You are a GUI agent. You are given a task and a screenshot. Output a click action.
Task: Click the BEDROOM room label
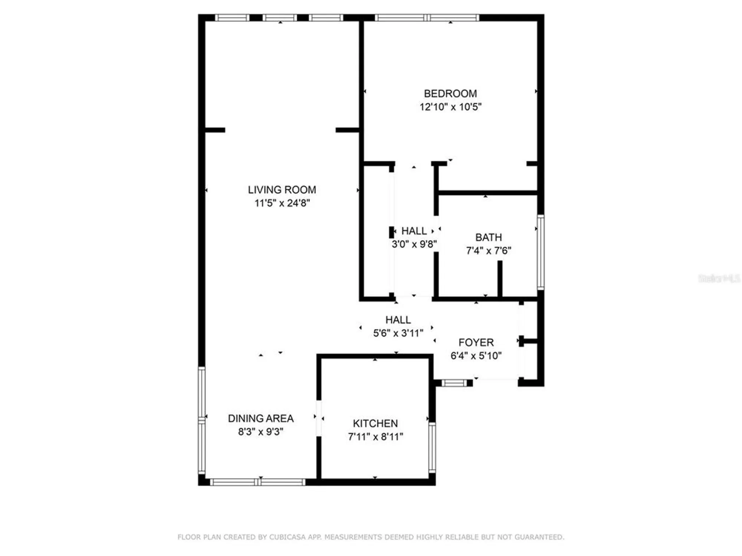(450, 93)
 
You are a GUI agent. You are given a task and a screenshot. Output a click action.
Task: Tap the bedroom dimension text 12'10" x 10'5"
(450, 107)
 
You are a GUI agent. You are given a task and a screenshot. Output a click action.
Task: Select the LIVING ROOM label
(282, 190)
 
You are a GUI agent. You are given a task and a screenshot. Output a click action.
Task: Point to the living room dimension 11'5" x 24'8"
(282, 203)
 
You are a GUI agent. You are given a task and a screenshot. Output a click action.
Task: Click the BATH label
(488, 237)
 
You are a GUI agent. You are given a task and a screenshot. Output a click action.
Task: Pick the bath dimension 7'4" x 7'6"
(488, 251)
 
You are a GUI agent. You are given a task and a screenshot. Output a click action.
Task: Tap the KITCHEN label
(375, 423)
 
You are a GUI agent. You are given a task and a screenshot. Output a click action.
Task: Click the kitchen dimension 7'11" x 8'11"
(375, 437)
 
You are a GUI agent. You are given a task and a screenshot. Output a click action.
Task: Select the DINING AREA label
(260, 418)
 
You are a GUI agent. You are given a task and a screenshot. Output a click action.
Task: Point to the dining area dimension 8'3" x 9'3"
(260, 432)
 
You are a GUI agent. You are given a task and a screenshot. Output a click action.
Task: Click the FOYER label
(476, 342)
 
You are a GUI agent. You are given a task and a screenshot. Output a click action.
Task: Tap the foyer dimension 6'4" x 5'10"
(476, 356)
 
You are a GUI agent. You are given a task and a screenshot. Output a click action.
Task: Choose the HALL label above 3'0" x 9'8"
(414, 231)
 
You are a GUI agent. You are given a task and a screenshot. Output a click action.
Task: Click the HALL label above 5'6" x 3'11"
(398, 320)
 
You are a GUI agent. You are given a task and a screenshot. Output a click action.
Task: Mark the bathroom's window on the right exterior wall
(541, 252)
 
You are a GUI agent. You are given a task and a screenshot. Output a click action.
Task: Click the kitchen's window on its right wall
(432, 447)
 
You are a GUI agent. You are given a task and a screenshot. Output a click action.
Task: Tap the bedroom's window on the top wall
(427, 17)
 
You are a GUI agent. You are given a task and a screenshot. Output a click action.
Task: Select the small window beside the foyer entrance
(454, 383)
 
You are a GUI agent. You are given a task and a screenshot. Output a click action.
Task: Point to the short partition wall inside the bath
(500, 279)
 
